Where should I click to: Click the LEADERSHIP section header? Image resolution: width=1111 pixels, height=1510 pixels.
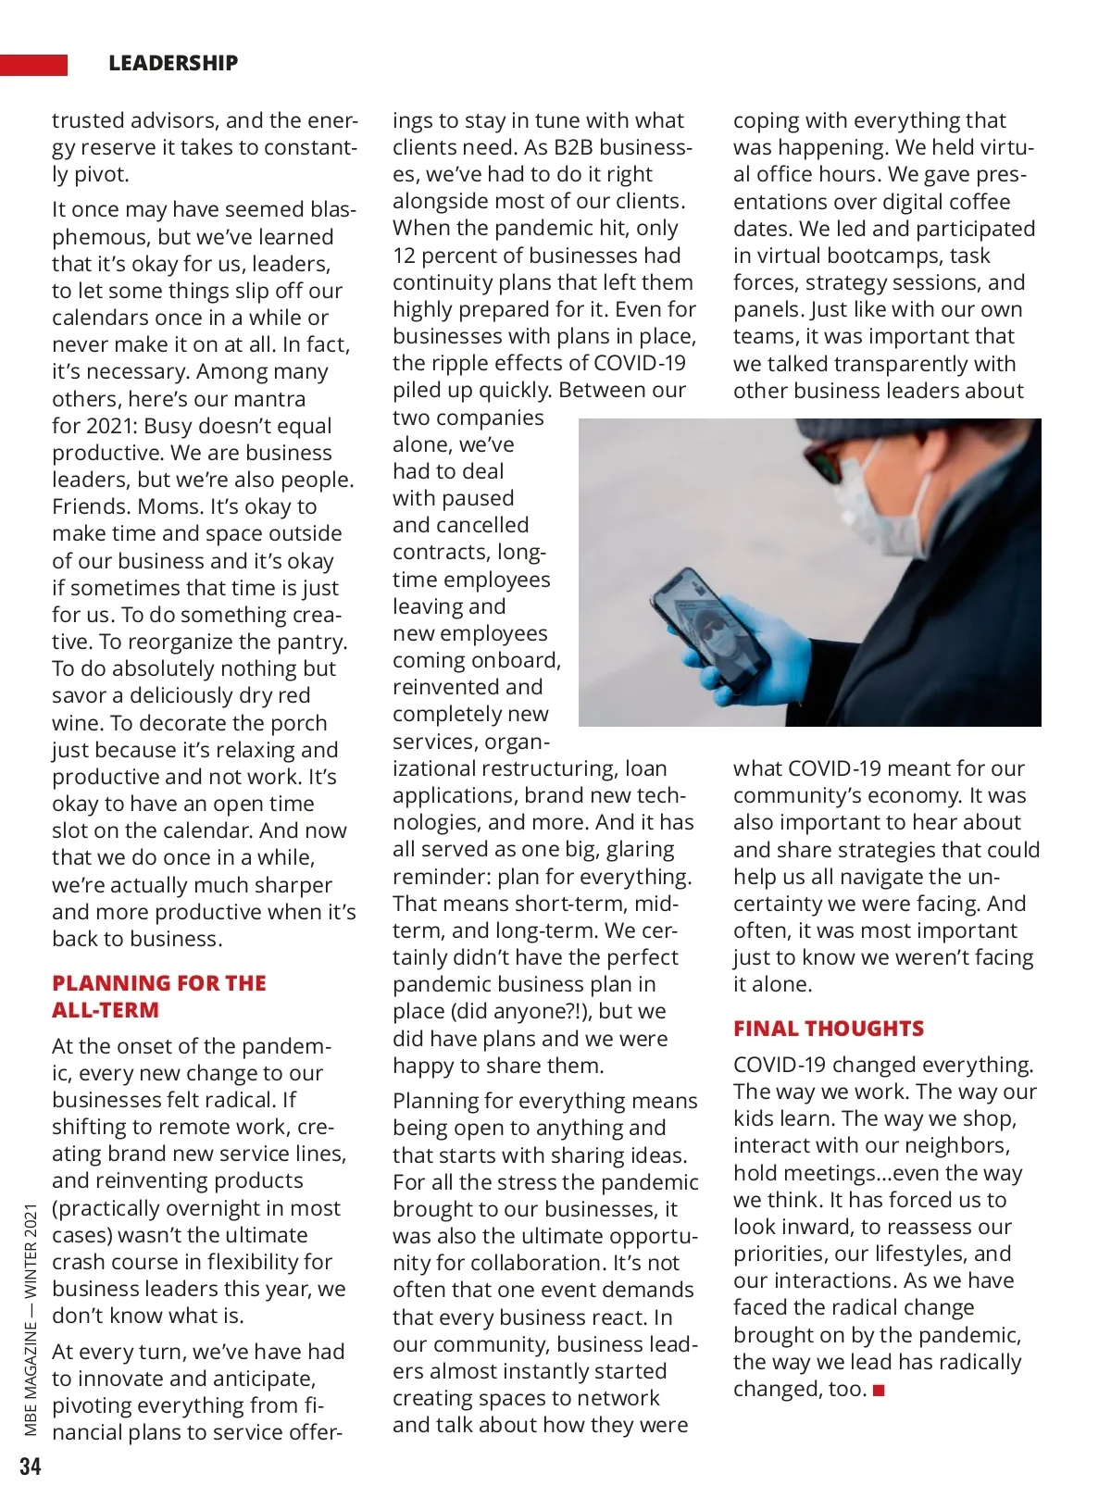click(x=173, y=63)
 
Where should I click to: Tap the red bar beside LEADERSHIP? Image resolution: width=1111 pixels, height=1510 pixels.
click(x=33, y=65)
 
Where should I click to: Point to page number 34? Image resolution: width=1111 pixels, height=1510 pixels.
click(x=31, y=1466)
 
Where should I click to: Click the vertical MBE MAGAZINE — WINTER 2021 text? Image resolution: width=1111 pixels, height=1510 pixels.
click(x=31, y=1319)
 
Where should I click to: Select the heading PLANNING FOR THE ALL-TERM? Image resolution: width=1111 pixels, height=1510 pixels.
click(x=158, y=996)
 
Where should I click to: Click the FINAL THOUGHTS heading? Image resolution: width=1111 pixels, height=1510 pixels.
click(x=828, y=1029)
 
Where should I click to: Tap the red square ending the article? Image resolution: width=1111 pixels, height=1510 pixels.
click(x=880, y=1391)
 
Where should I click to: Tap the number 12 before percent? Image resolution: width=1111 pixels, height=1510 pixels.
click(x=406, y=256)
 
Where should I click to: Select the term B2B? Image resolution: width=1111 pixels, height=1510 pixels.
click(x=578, y=147)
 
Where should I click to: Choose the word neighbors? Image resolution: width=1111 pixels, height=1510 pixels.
click(x=961, y=1145)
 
